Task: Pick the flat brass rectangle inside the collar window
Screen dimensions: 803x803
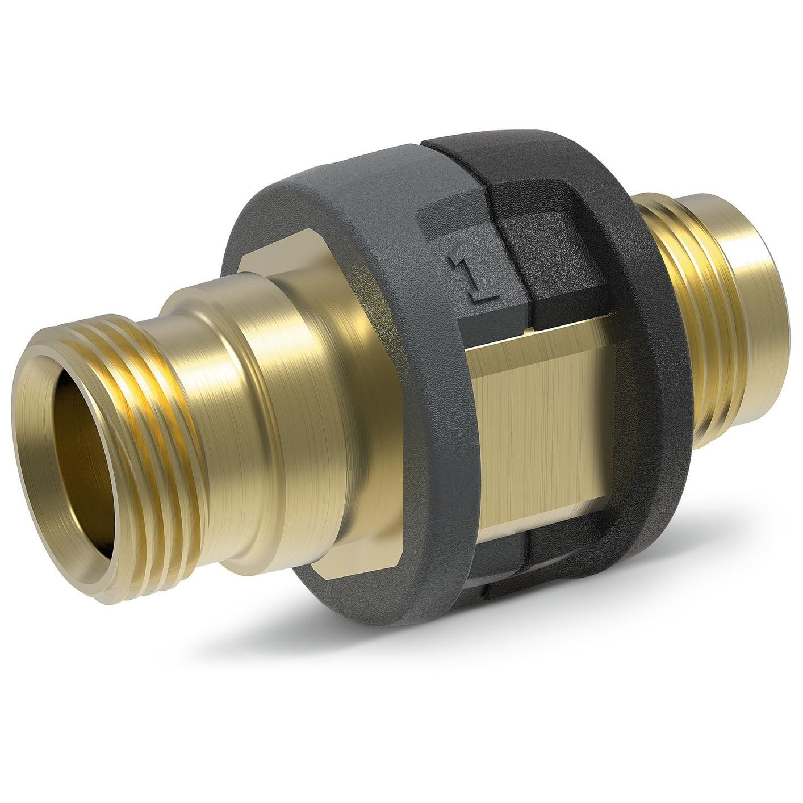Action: click(x=545, y=420)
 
